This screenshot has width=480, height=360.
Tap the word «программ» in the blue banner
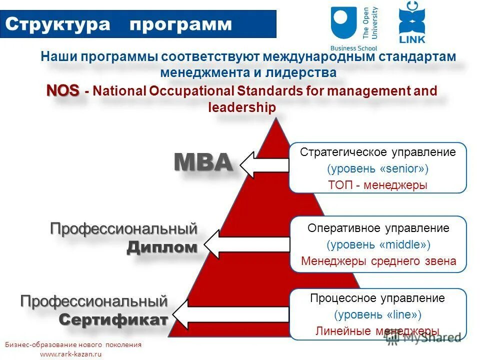tap(181, 24)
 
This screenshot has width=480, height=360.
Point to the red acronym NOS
tap(63, 90)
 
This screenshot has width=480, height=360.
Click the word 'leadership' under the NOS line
tap(241, 107)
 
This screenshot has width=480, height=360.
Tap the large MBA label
tap(203, 162)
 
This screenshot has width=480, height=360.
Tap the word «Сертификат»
tap(113, 319)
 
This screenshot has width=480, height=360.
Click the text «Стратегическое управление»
tap(377, 152)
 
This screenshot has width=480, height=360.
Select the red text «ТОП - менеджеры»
tap(377, 184)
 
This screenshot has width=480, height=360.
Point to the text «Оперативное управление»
tap(378, 228)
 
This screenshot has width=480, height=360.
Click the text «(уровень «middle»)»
tap(378, 244)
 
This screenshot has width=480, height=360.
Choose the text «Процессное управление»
tap(377, 298)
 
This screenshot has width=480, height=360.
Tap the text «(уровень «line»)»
tap(377, 314)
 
